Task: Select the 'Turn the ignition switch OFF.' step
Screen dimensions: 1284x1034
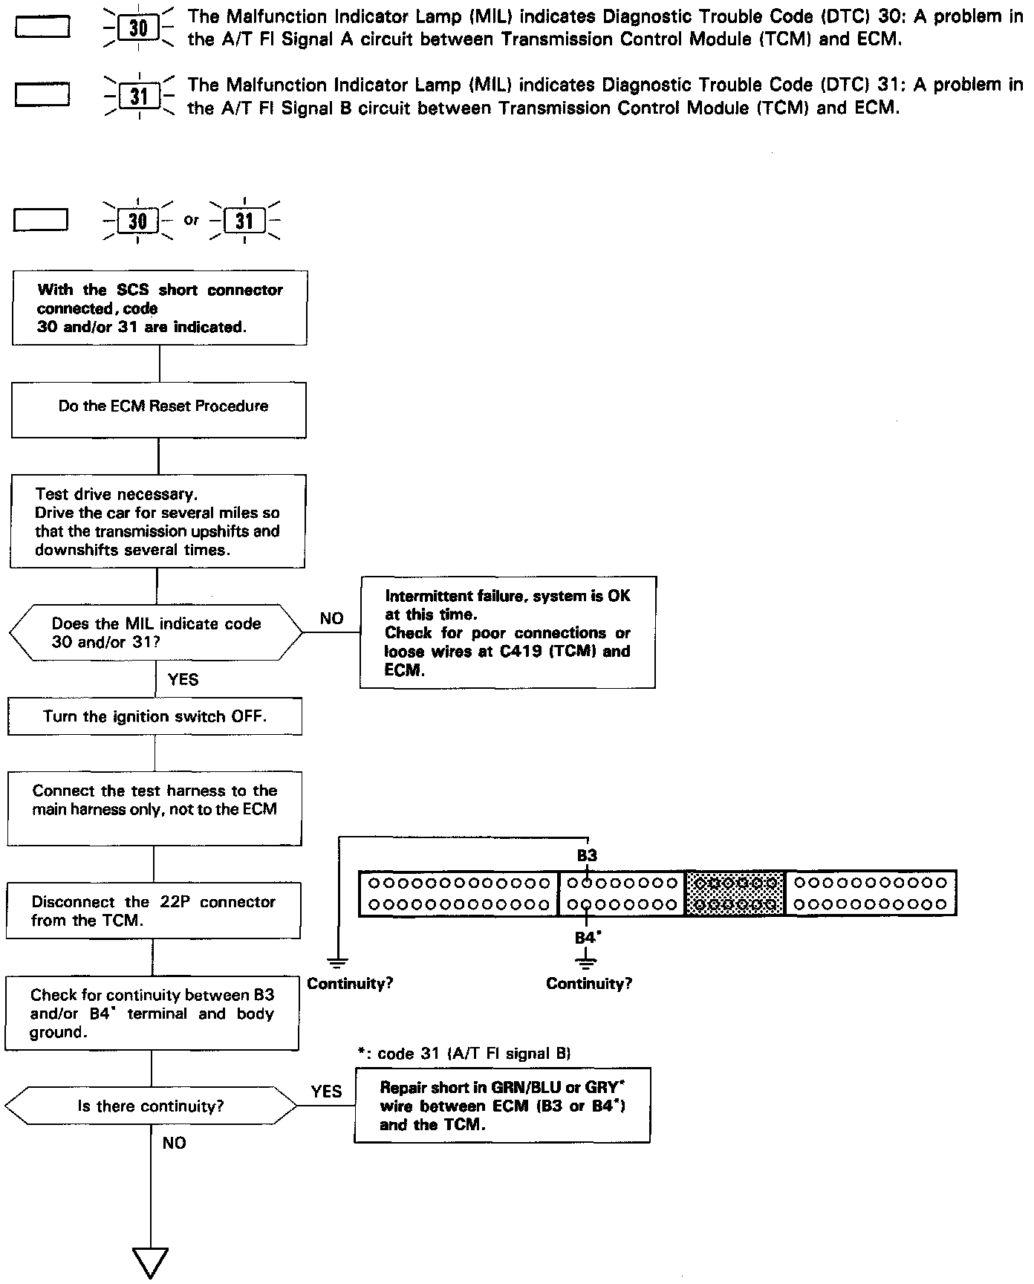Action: [155, 717]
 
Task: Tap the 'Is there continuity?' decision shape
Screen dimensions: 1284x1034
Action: [151, 1106]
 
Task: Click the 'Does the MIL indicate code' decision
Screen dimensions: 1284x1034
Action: [156, 633]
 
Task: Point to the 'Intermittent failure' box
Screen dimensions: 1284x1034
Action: [507, 632]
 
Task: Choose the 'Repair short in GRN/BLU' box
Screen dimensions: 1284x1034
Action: [502, 1106]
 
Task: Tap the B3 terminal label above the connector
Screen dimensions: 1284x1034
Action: [587, 855]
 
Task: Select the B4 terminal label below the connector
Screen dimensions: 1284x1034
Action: [587, 938]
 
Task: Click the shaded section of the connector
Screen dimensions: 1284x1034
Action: [735, 893]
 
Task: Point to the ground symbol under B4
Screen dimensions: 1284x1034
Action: [587, 963]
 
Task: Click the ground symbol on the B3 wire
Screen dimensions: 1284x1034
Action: [338, 963]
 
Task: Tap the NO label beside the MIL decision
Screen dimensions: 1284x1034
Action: [331, 618]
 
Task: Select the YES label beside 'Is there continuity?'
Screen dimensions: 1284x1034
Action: [326, 1092]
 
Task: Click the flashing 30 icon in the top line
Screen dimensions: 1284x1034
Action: [138, 28]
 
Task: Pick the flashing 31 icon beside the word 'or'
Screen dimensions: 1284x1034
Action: [244, 221]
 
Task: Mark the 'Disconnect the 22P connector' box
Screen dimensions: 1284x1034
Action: [154, 911]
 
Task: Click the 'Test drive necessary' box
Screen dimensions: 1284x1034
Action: [157, 522]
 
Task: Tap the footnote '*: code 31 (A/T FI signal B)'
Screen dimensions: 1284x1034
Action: [464, 1054]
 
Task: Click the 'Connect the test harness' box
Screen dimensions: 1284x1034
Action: [155, 808]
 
